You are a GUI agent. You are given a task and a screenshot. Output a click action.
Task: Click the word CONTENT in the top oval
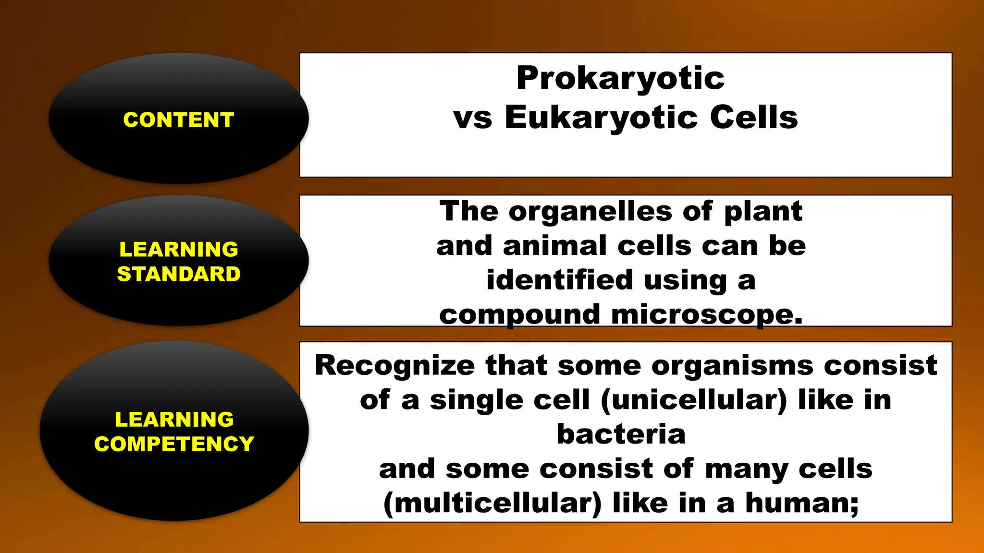tap(179, 120)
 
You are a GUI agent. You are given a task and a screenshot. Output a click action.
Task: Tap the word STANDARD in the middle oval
tap(179, 274)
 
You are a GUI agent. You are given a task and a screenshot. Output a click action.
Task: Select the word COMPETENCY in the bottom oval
tap(174, 444)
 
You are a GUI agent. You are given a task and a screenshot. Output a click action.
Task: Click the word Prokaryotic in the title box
tap(620, 78)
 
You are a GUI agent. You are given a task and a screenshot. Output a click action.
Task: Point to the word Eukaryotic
tap(601, 118)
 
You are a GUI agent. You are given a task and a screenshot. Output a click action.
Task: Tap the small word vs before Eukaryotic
tap(473, 118)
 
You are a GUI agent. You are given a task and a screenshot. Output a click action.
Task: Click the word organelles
tap(590, 211)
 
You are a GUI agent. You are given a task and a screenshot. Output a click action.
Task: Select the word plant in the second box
tap(763, 211)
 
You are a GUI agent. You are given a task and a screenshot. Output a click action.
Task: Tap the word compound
tap(520, 315)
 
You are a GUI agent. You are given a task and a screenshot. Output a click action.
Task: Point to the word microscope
tap(707, 315)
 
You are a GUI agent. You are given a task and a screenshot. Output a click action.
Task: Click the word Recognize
tap(395, 365)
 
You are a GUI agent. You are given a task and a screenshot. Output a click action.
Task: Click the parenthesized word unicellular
tap(694, 400)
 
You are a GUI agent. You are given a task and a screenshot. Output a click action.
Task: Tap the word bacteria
tap(621, 434)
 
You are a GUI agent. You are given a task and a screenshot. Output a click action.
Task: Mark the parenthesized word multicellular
tap(492, 503)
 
